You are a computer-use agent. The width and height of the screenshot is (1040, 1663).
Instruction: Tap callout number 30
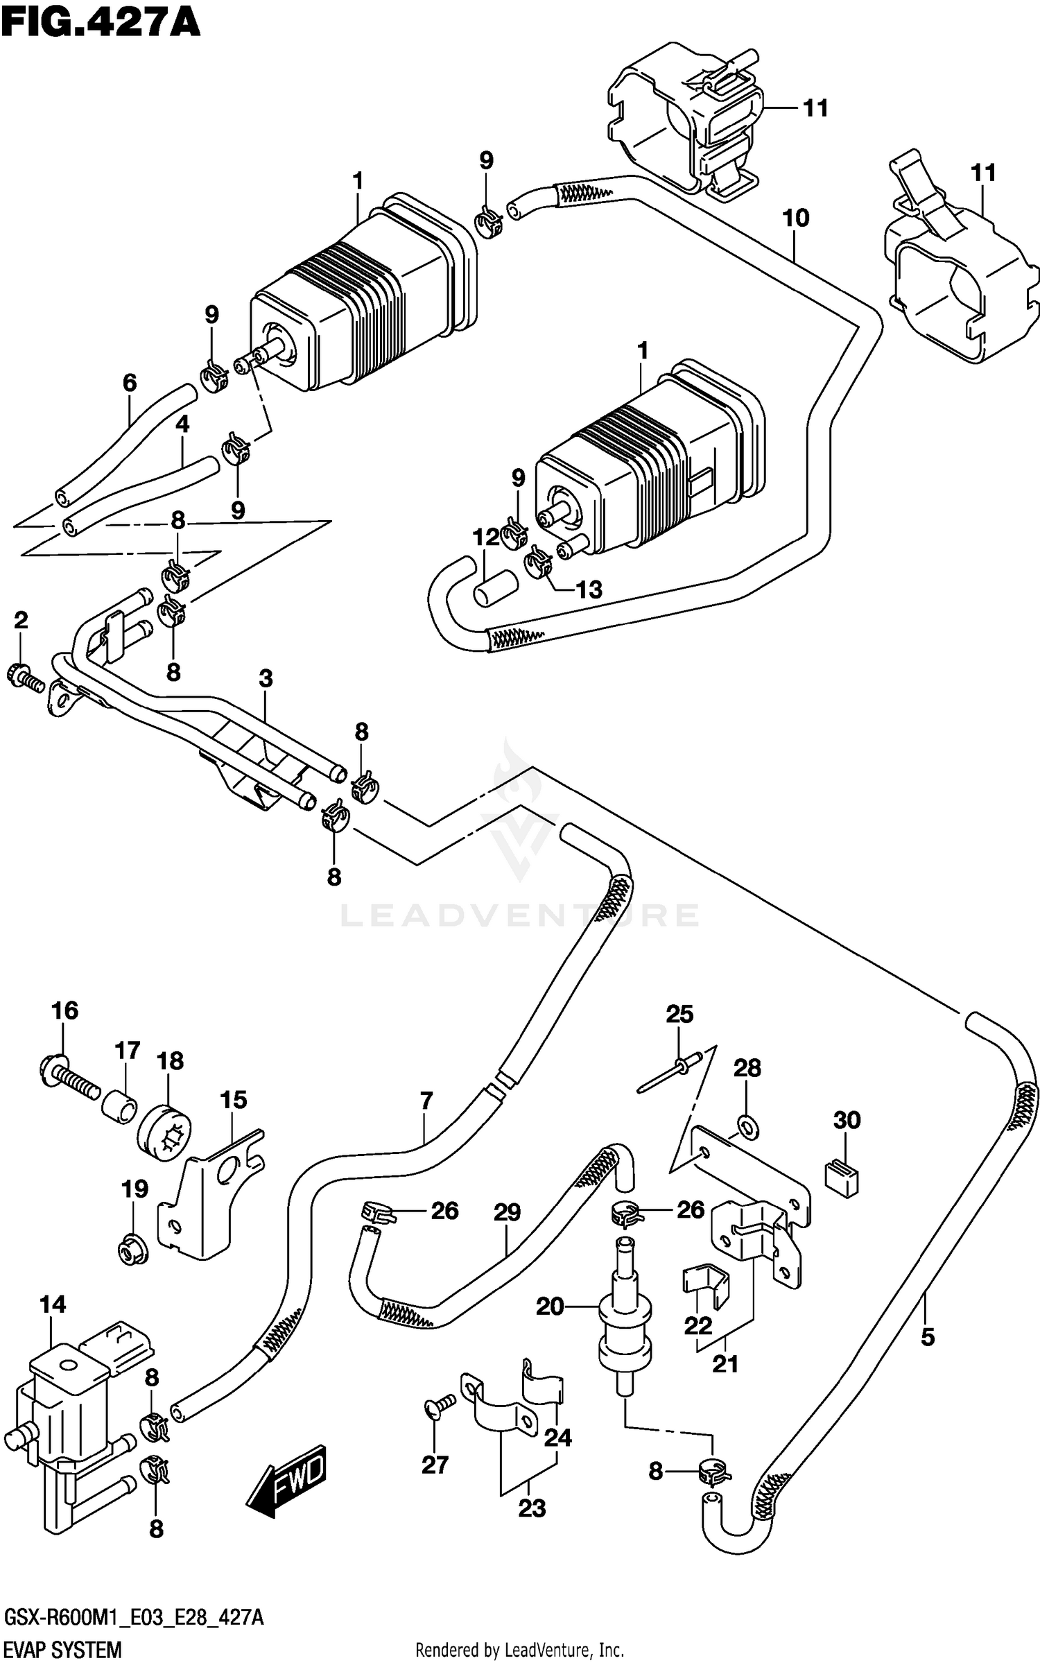(847, 1120)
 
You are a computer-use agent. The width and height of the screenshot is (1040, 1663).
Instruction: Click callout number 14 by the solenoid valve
(52, 1304)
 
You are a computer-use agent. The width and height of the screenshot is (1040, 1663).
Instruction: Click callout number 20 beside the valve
(550, 1307)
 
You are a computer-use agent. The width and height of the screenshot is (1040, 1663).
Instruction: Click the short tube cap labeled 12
(493, 587)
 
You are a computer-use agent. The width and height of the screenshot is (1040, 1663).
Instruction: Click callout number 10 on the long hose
(795, 218)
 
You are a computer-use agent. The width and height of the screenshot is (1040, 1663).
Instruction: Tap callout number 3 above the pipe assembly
(266, 678)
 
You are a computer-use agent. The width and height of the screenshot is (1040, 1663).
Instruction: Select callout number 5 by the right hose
(928, 1336)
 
